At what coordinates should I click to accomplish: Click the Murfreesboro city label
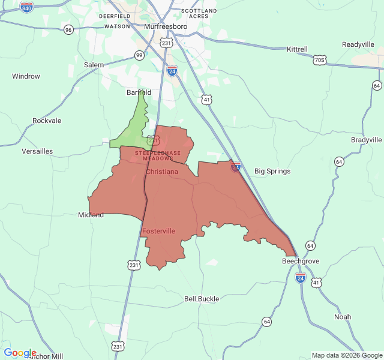coord(166,27)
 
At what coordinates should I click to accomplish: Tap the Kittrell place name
coord(297,49)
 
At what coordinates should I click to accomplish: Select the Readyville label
coord(358,44)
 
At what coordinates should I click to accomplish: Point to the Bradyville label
coord(366,140)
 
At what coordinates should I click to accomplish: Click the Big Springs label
coord(272,171)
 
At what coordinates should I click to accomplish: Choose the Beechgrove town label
coord(301,262)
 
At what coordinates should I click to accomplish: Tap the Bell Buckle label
coord(202,299)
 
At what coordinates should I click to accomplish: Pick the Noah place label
coord(343,317)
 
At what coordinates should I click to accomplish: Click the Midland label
coord(91,215)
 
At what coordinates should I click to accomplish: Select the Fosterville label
coord(159,231)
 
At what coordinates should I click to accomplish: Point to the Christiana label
coord(162,172)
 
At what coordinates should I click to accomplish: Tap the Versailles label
coord(37,151)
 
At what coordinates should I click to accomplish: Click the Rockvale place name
coord(47,121)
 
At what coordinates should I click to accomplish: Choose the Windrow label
coord(26,76)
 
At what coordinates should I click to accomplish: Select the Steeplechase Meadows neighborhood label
coord(157,155)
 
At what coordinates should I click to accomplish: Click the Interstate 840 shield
coord(26,6)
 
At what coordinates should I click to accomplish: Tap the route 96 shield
coord(68,29)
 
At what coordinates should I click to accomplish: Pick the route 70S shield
coord(320,60)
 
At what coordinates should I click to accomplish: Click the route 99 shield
coord(139,55)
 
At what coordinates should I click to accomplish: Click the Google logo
coord(20,353)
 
